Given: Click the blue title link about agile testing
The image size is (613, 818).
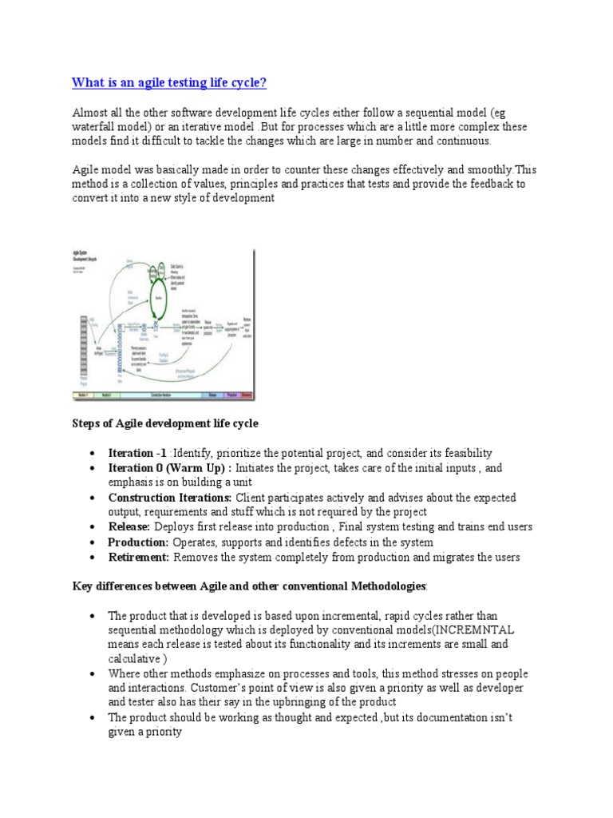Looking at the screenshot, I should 169,83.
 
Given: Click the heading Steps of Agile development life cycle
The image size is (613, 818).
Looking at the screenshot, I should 165,423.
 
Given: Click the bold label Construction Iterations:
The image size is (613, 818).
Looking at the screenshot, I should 170,497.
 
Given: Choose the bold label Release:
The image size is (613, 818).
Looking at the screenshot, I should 129,527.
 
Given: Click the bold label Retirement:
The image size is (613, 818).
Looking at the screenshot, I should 139,558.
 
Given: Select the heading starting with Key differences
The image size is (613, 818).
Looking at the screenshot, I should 250,587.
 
